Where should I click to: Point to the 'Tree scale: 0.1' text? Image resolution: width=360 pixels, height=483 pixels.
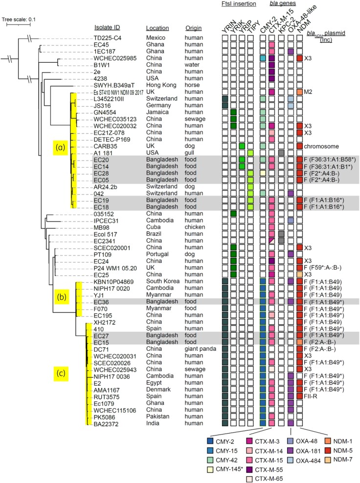click(x=22, y=20)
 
